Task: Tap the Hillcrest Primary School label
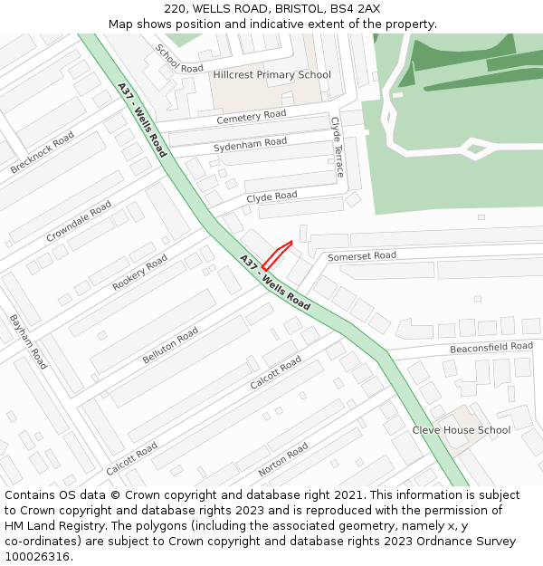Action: pyautogui.click(x=272, y=75)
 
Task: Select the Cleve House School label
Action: pyautogui.click(x=462, y=430)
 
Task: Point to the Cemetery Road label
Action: pyautogui.click(x=251, y=117)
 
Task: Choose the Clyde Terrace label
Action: pyautogui.click(x=337, y=146)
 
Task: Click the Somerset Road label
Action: pyautogui.click(x=362, y=257)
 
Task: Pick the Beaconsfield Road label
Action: pyautogui.click(x=491, y=348)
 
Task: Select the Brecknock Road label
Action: pyautogui.click(x=43, y=153)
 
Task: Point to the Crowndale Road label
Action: pyautogui.click(x=79, y=222)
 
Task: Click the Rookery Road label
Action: pyautogui.click(x=140, y=273)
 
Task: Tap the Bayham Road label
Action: pyautogui.click(x=28, y=341)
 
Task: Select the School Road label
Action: pyautogui.click(x=179, y=59)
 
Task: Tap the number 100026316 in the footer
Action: pyautogui.click(x=38, y=557)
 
